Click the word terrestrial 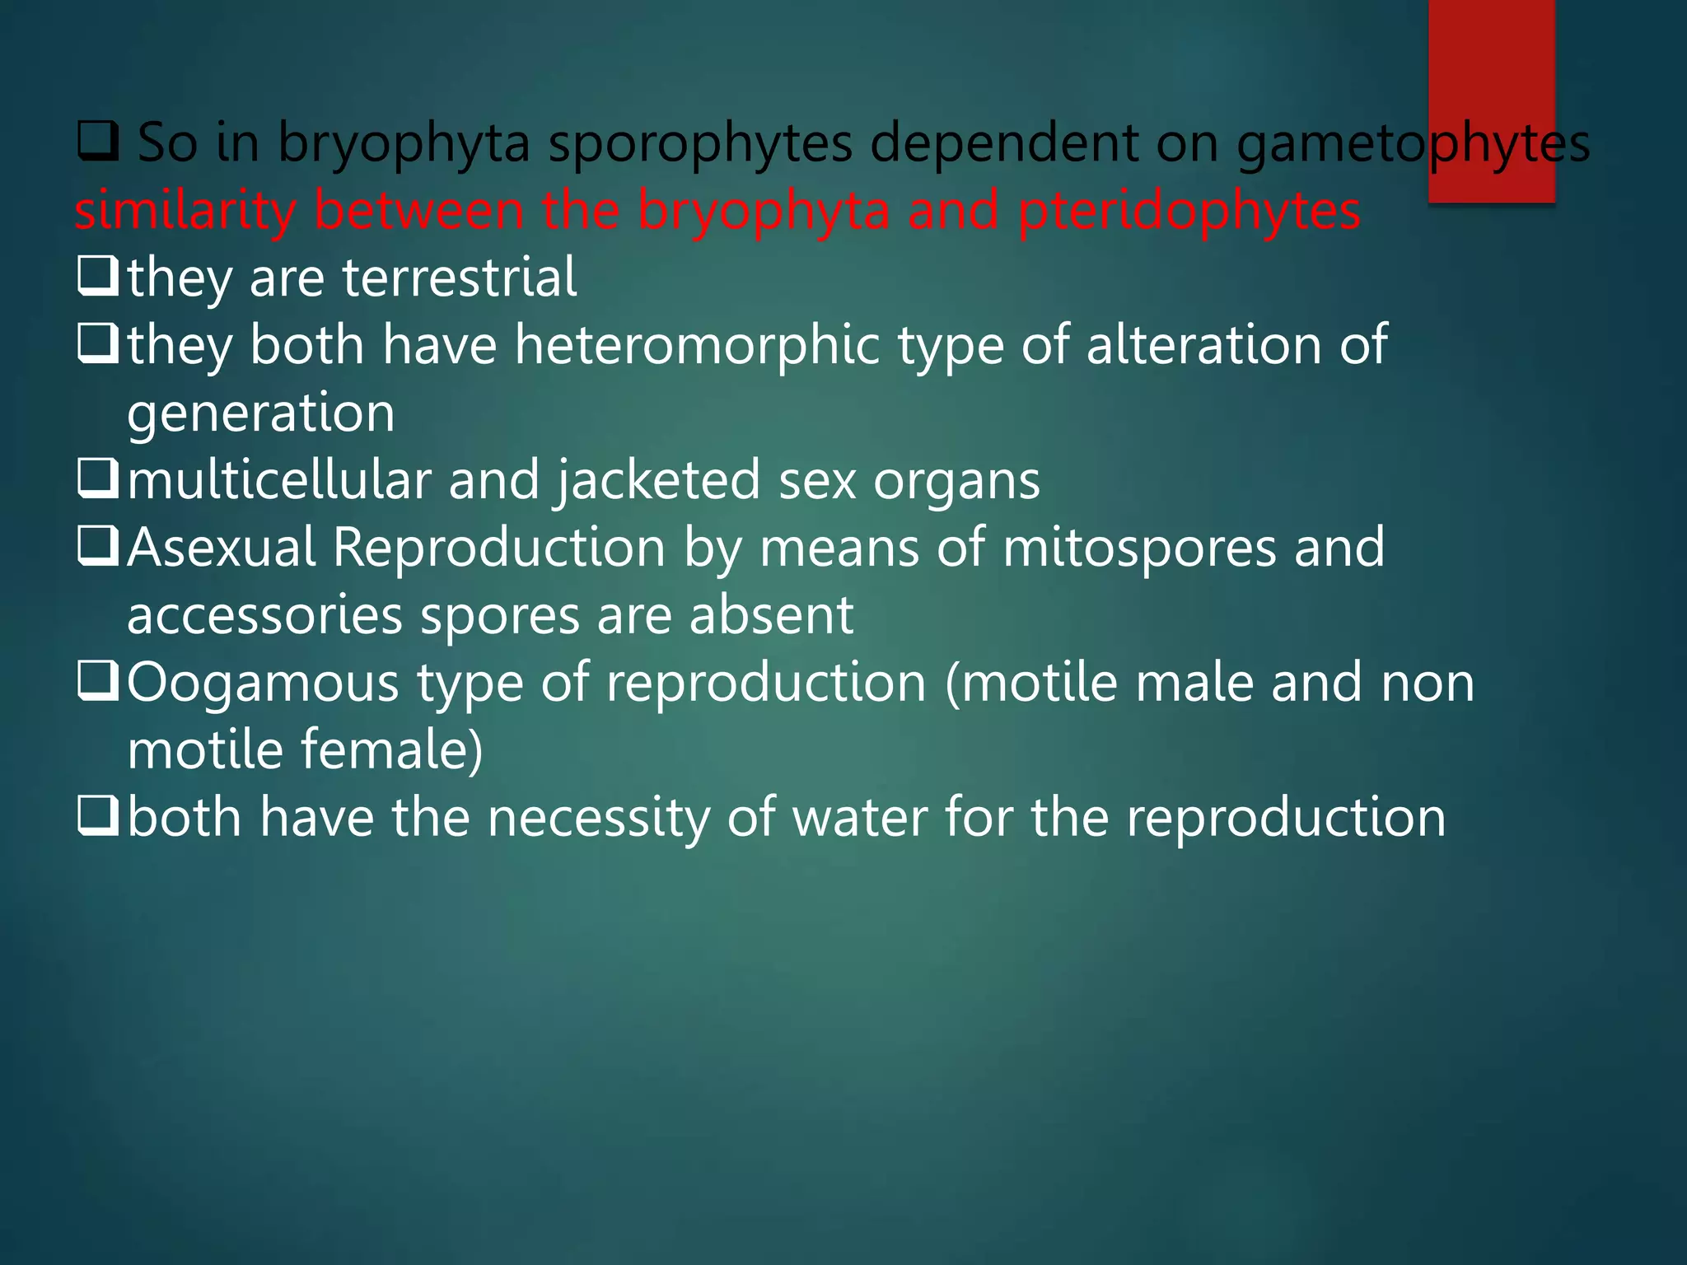point(459,278)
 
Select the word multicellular point(278,480)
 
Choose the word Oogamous point(263,684)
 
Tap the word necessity point(598,818)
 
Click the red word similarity point(185,210)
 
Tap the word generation point(260,413)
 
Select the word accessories point(264,615)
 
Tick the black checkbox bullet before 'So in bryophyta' point(98,141)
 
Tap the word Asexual point(222,548)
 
